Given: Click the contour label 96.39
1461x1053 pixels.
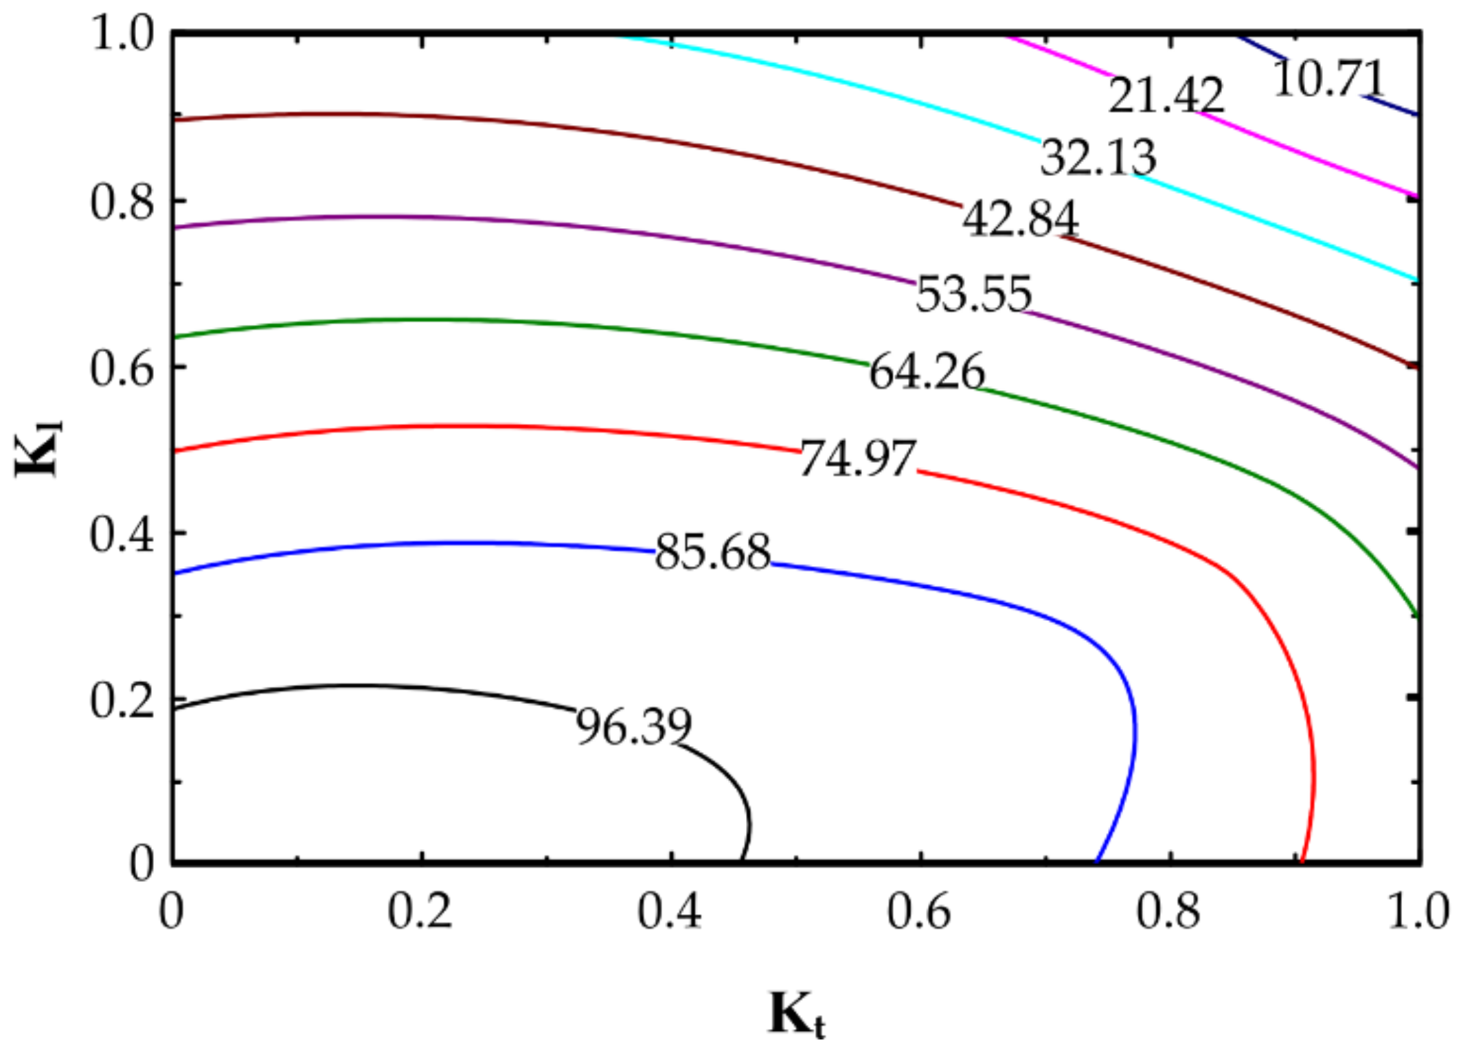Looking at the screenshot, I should [633, 727].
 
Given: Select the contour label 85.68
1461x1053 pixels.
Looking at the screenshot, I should [713, 552].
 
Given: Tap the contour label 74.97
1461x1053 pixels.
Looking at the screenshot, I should [857, 458].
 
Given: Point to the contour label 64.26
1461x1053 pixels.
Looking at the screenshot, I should [927, 372].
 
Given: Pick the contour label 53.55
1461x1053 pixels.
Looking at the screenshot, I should [973, 294].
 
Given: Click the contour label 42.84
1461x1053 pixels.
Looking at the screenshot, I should [1020, 219].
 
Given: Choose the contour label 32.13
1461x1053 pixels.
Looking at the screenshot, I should [1098, 157].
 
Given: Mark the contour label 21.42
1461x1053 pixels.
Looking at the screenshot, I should [1166, 94].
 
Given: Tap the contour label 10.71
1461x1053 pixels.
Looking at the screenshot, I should [1328, 78].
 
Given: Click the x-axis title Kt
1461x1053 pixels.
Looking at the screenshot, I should [796, 1014].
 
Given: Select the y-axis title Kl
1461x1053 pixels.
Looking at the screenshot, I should [38, 448].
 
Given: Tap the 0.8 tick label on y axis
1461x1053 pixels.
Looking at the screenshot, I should [122, 201].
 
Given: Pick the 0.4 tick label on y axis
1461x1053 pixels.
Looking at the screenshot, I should [122, 534].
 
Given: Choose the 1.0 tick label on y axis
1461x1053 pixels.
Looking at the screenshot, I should [122, 34].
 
